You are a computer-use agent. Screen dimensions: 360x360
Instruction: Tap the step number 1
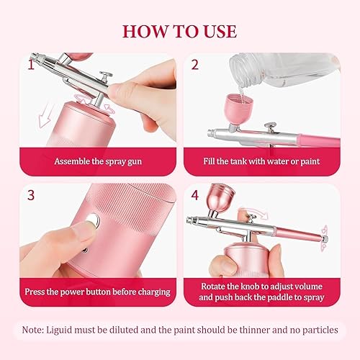tap(31, 65)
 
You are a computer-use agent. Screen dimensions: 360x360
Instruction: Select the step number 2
tap(195, 65)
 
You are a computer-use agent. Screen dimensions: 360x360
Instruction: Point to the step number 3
tap(31, 195)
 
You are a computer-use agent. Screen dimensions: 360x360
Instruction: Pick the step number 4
tap(195, 195)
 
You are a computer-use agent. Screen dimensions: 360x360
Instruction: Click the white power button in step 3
tap(93, 220)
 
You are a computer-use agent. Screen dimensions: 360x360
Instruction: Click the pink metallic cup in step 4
tap(220, 197)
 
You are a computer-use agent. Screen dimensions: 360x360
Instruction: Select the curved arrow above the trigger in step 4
tap(254, 212)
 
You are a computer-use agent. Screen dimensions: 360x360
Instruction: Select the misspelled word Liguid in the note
tap(59, 330)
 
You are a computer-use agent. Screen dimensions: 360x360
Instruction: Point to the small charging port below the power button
tap(84, 251)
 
